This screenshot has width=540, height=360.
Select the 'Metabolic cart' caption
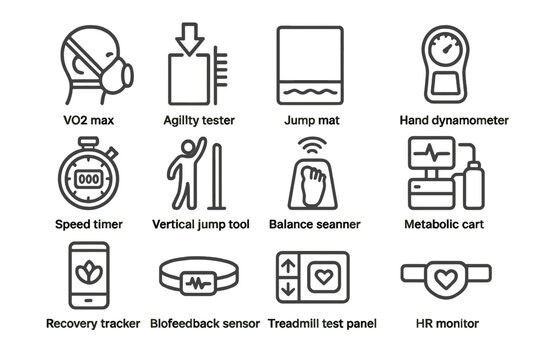pos(442,224)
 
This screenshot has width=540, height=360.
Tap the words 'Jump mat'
pos(312,120)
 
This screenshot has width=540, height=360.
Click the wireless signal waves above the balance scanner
pos(312,146)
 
